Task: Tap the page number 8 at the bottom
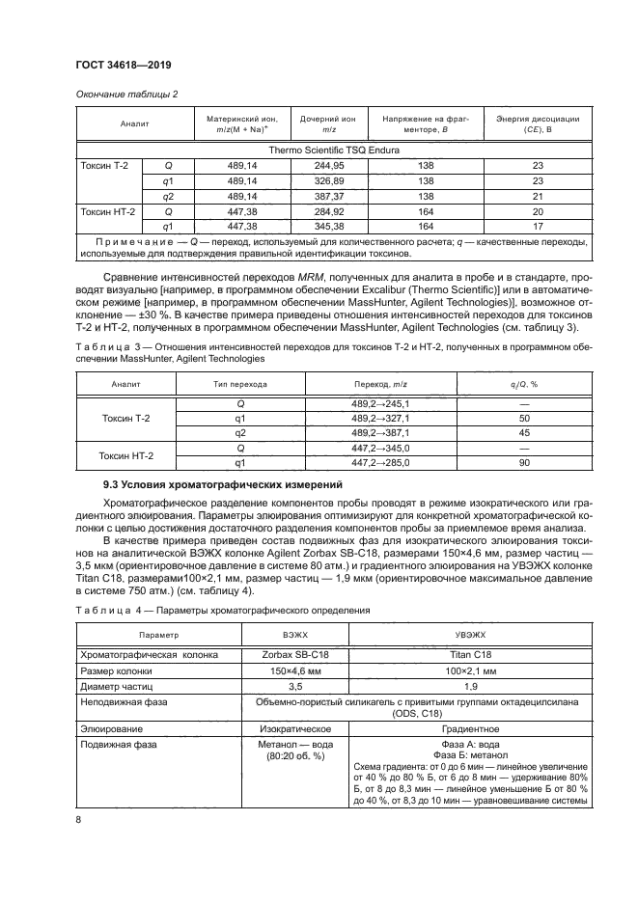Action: [x=78, y=820]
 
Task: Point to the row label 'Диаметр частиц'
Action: [x=114, y=687]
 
